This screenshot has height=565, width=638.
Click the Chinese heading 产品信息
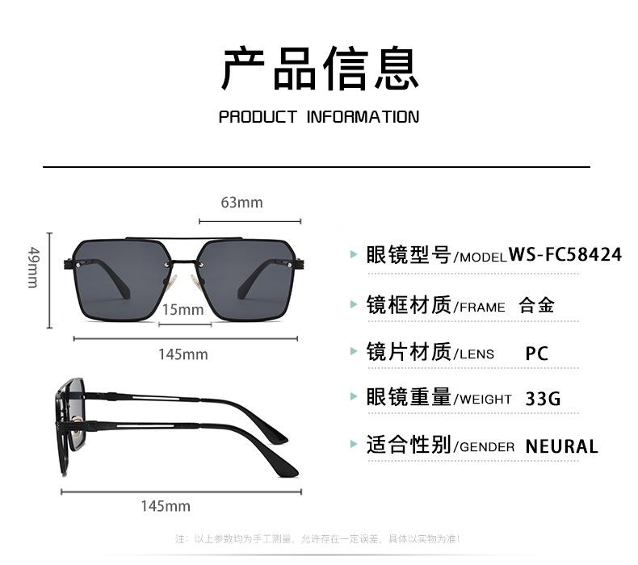pos(319,68)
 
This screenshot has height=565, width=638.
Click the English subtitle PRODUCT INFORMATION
pos(319,117)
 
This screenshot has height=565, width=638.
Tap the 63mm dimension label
pos(241,203)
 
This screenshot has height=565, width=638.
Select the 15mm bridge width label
pos(183,310)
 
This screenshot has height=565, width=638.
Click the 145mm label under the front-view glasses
pos(183,354)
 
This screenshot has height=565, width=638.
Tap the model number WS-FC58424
pos(565,255)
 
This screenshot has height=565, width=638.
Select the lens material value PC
pos(536,354)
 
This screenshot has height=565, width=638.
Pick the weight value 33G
pos(542,399)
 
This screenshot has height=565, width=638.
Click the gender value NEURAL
pos(561,446)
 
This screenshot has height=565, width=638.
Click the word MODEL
pos(484,257)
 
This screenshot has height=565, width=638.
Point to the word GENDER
pos(487,447)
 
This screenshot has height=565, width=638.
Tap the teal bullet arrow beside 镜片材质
pos(353,352)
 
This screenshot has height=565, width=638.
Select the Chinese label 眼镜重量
pos(408,397)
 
